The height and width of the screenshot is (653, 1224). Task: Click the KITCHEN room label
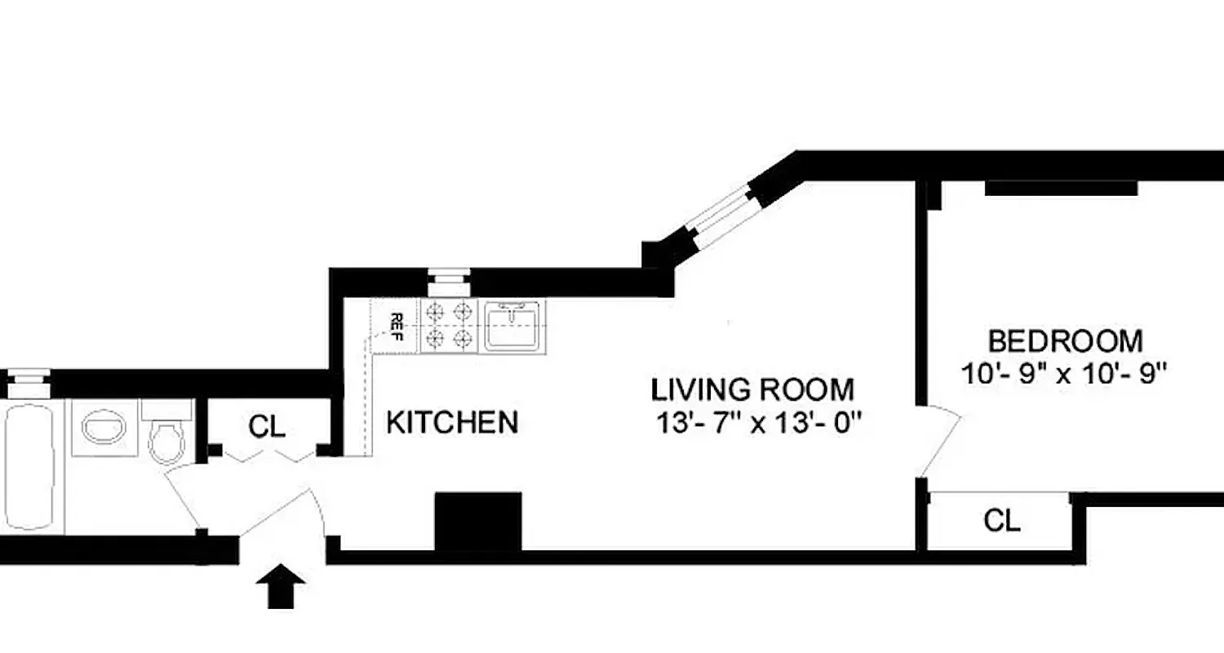pyautogui.click(x=451, y=423)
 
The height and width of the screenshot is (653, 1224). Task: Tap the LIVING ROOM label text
pyautogui.click(x=752, y=389)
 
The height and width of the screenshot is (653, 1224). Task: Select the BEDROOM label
pyautogui.click(x=1066, y=340)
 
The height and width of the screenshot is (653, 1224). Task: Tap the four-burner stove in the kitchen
pyautogui.click(x=448, y=325)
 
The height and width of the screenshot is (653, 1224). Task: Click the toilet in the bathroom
pyautogui.click(x=166, y=438)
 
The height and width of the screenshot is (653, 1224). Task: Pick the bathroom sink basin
pyautogui.click(x=104, y=427)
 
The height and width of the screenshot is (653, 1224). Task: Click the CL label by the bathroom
pyautogui.click(x=268, y=427)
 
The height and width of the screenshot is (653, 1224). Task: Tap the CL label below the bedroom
pyautogui.click(x=1002, y=521)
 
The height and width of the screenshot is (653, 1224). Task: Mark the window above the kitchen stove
pyautogui.click(x=449, y=282)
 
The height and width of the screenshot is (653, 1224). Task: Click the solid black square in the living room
pyautogui.click(x=478, y=521)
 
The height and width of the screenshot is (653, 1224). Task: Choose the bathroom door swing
pyautogui.click(x=184, y=498)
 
